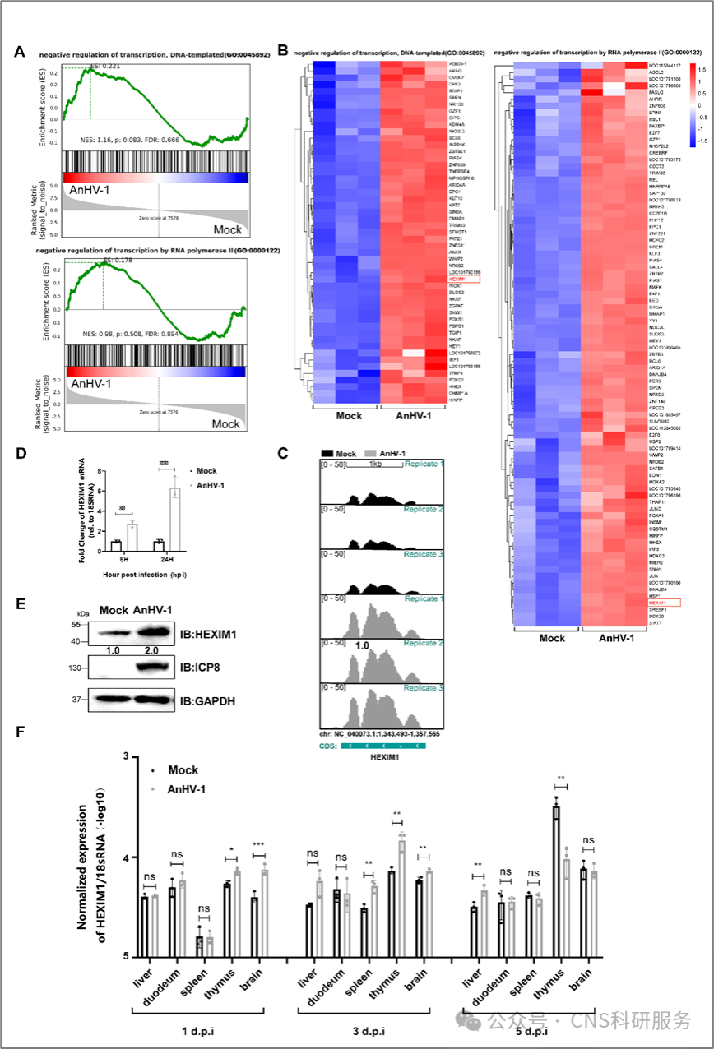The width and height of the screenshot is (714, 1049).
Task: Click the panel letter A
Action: coord(19,52)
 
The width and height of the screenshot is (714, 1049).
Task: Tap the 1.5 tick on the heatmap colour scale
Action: coord(702,66)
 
